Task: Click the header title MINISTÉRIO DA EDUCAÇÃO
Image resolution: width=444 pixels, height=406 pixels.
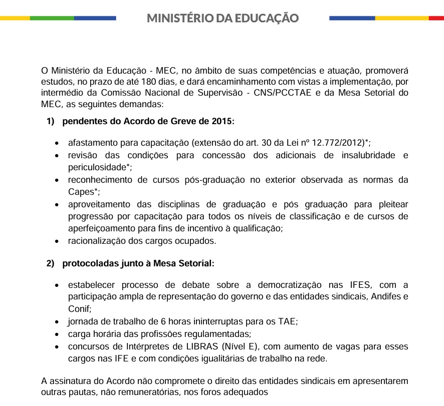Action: [223, 19]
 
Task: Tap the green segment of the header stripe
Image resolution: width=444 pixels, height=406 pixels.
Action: [52, 18]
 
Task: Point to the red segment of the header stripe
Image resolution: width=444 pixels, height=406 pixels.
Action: [436, 18]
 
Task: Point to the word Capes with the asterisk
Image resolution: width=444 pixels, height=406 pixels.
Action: [81, 192]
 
